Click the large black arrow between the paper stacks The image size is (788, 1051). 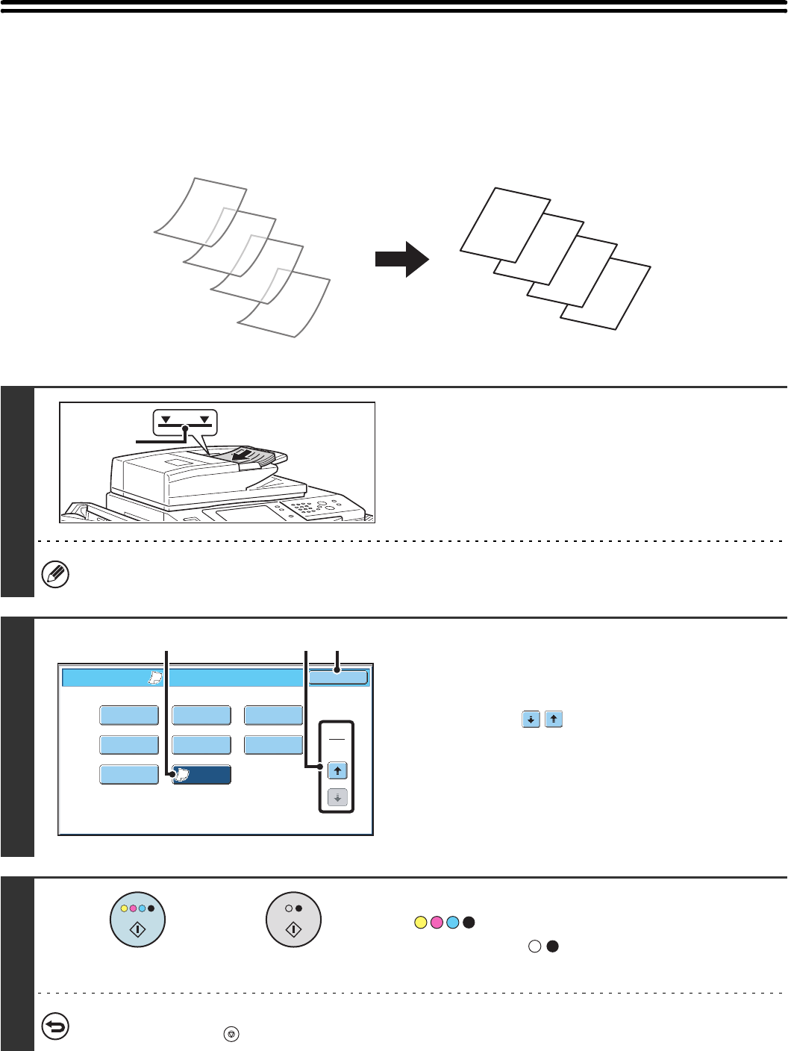(x=401, y=259)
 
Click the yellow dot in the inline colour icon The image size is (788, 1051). (x=420, y=923)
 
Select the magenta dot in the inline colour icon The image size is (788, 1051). (x=437, y=923)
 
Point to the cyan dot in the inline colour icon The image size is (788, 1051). (x=452, y=923)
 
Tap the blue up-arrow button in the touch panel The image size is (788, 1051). (x=337, y=771)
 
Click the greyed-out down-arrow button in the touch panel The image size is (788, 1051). (x=337, y=798)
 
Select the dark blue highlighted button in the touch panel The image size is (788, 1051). (x=201, y=775)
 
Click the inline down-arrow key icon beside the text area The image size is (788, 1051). (x=531, y=720)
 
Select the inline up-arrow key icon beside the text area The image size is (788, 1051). (x=554, y=720)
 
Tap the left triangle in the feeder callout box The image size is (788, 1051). (x=166, y=420)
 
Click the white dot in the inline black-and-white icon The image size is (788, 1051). (x=534, y=946)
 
